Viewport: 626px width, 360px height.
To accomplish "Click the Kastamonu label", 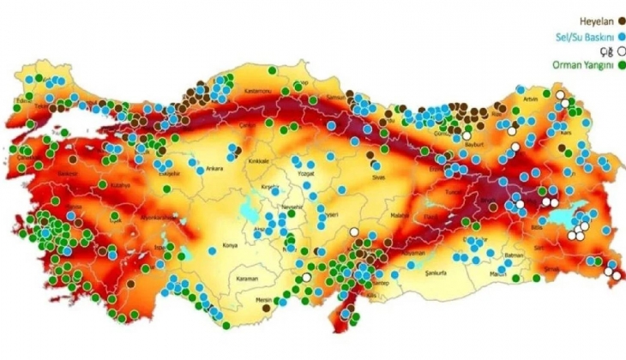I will (x=257, y=90).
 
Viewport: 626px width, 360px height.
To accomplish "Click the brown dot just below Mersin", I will (x=267, y=306).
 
